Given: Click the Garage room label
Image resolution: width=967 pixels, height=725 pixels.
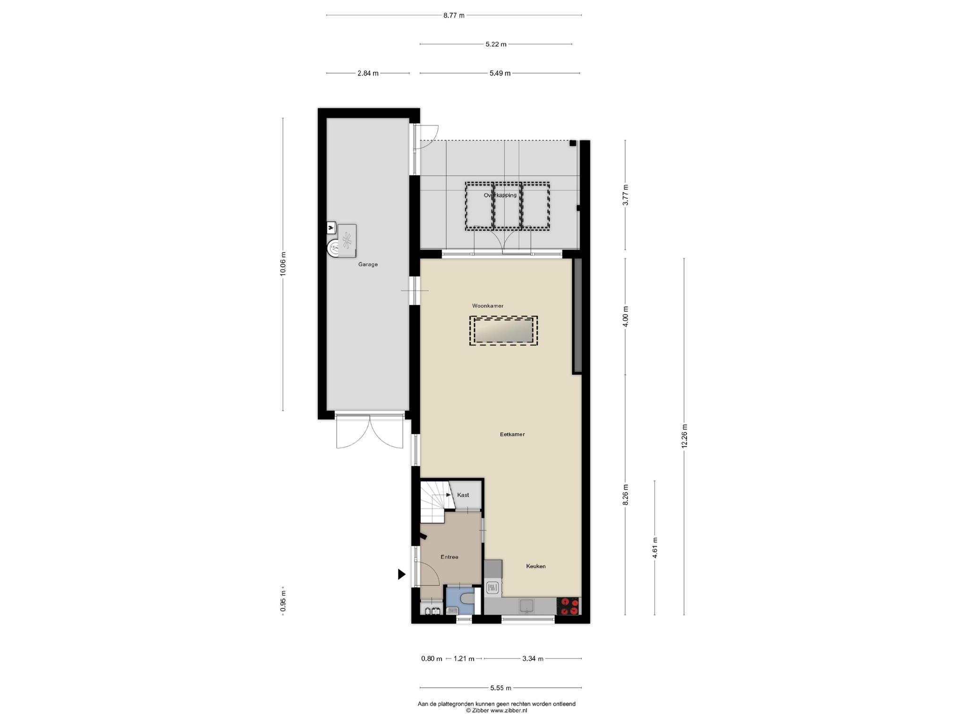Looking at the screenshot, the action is point(368,264).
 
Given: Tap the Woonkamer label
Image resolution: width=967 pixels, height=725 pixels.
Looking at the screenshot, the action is point(488,306).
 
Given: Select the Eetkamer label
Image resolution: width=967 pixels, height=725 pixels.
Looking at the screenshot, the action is point(512,434).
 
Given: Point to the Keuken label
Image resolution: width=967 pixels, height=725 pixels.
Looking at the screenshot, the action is point(536,566).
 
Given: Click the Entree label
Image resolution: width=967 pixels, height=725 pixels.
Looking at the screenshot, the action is point(450,557).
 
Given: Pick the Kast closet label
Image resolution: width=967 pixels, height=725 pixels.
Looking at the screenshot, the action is point(463,495).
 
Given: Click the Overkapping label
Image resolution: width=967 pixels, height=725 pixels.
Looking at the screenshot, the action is point(500,195).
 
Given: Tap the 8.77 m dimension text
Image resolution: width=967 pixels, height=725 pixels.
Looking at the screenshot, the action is point(454,15).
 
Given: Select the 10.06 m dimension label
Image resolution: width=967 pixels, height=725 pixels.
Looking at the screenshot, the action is point(283,264).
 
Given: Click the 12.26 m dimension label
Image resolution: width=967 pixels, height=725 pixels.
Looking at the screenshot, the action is point(685,437).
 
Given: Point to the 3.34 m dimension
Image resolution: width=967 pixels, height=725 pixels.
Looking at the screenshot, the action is point(533,658).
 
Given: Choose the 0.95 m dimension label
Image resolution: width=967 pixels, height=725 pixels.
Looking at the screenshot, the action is point(283,601).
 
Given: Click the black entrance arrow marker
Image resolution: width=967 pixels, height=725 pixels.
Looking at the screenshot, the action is point(402,574).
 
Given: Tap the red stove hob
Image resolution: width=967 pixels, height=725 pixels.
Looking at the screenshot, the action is point(568,607).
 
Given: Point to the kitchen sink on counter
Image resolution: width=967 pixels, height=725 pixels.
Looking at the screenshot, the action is point(526,606).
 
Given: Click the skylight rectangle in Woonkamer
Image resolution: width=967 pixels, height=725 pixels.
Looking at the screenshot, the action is point(503,331).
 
